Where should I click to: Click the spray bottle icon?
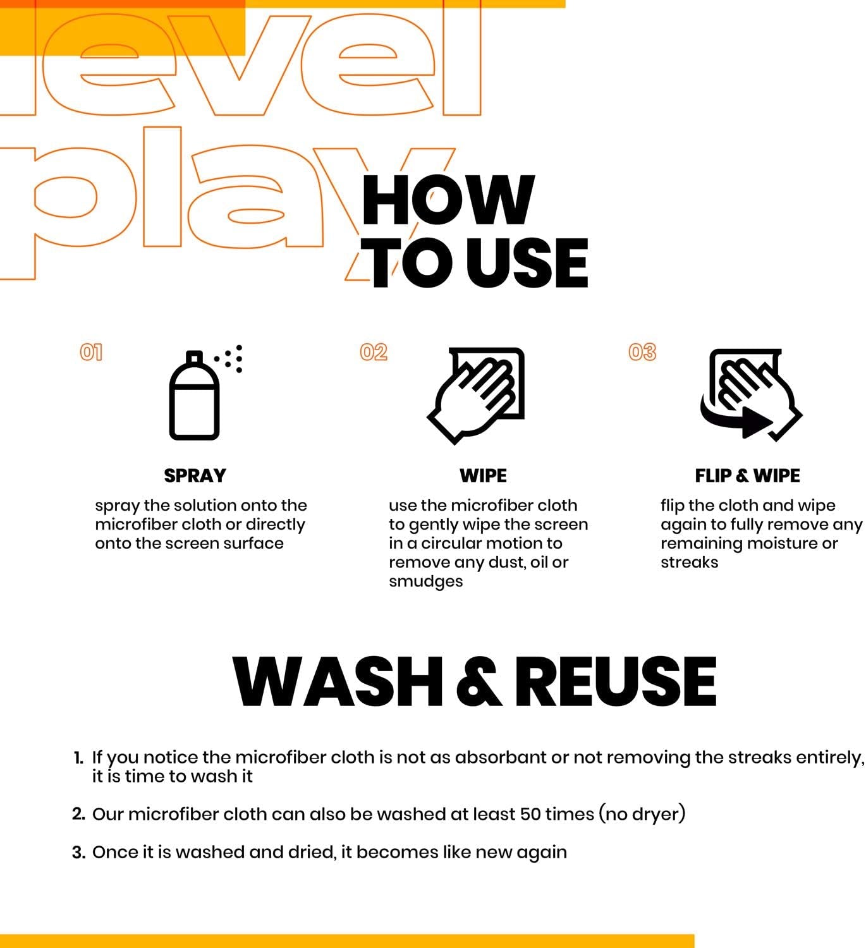pyautogui.click(x=195, y=397)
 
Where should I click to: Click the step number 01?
pyautogui.click(x=91, y=352)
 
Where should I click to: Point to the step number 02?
pyautogui.click(x=374, y=352)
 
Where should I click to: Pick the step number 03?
pyautogui.click(x=642, y=352)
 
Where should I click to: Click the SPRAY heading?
pyautogui.click(x=195, y=475)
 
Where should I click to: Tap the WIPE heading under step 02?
pyautogui.click(x=483, y=475)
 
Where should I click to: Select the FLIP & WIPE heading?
pyautogui.click(x=747, y=475)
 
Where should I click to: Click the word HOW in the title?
pyautogui.click(x=448, y=200)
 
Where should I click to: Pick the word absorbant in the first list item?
pyautogui.click(x=501, y=757)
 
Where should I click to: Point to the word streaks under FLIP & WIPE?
pyautogui.click(x=689, y=562)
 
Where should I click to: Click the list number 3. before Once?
pyautogui.click(x=78, y=853)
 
